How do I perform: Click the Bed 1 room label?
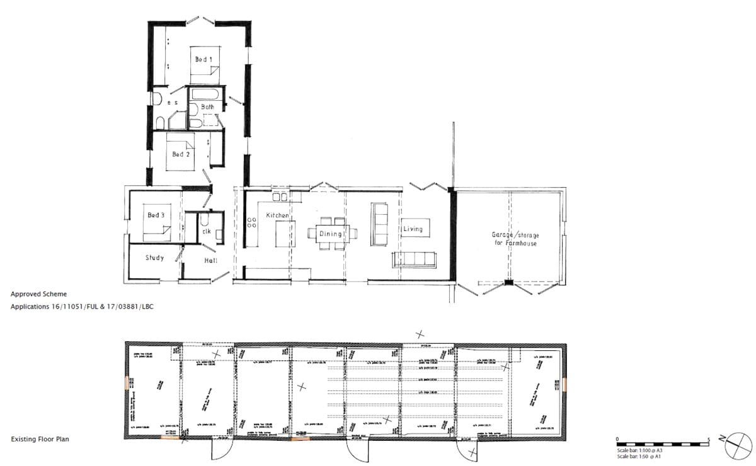203,59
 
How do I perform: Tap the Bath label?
207,107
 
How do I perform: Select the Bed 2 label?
181,154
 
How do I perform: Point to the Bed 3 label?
156,215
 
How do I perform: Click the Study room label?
154,258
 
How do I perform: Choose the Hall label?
210,260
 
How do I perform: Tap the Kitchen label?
277,215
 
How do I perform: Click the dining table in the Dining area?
331,234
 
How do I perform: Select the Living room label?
413,229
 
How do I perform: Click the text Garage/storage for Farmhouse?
515,239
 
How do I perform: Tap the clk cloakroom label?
206,231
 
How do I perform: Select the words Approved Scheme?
38,294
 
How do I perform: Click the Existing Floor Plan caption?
40,439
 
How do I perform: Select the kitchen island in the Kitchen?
284,233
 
